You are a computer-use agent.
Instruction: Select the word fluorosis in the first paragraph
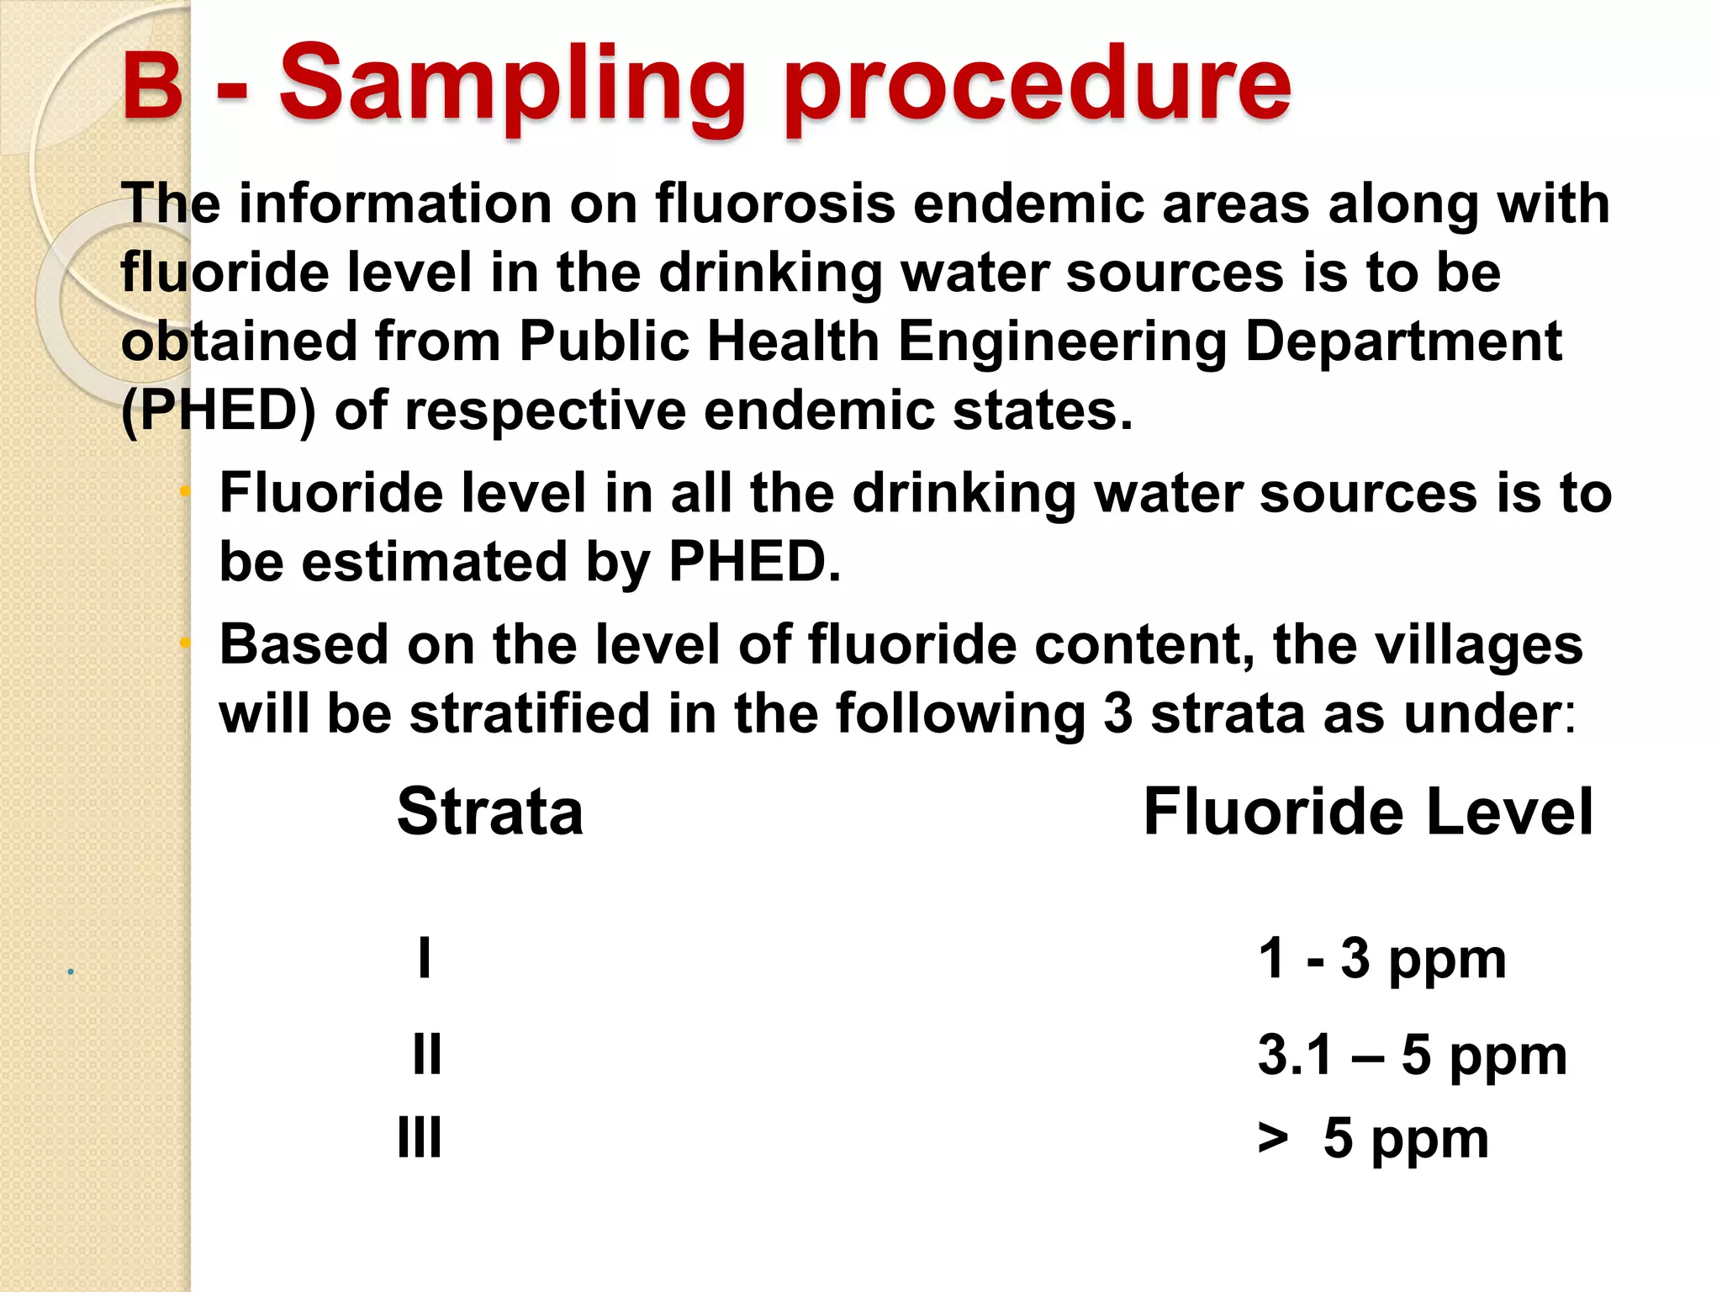click(x=774, y=204)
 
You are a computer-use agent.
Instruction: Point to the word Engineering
click(x=1062, y=342)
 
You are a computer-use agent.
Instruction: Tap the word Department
click(x=1402, y=342)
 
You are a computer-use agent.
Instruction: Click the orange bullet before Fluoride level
click(x=186, y=491)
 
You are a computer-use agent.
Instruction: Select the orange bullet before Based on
click(x=186, y=643)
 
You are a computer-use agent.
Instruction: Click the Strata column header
click(x=490, y=812)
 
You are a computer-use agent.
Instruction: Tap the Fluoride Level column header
click(x=1367, y=812)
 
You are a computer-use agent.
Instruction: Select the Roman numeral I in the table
click(x=425, y=958)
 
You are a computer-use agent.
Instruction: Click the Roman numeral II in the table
click(x=427, y=1054)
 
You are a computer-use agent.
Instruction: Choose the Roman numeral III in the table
click(x=419, y=1138)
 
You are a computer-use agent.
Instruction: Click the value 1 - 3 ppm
click(x=1381, y=958)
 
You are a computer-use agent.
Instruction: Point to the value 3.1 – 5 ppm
click(x=1412, y=1054)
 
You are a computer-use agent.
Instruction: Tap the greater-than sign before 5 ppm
click(x=1273, y=1139)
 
